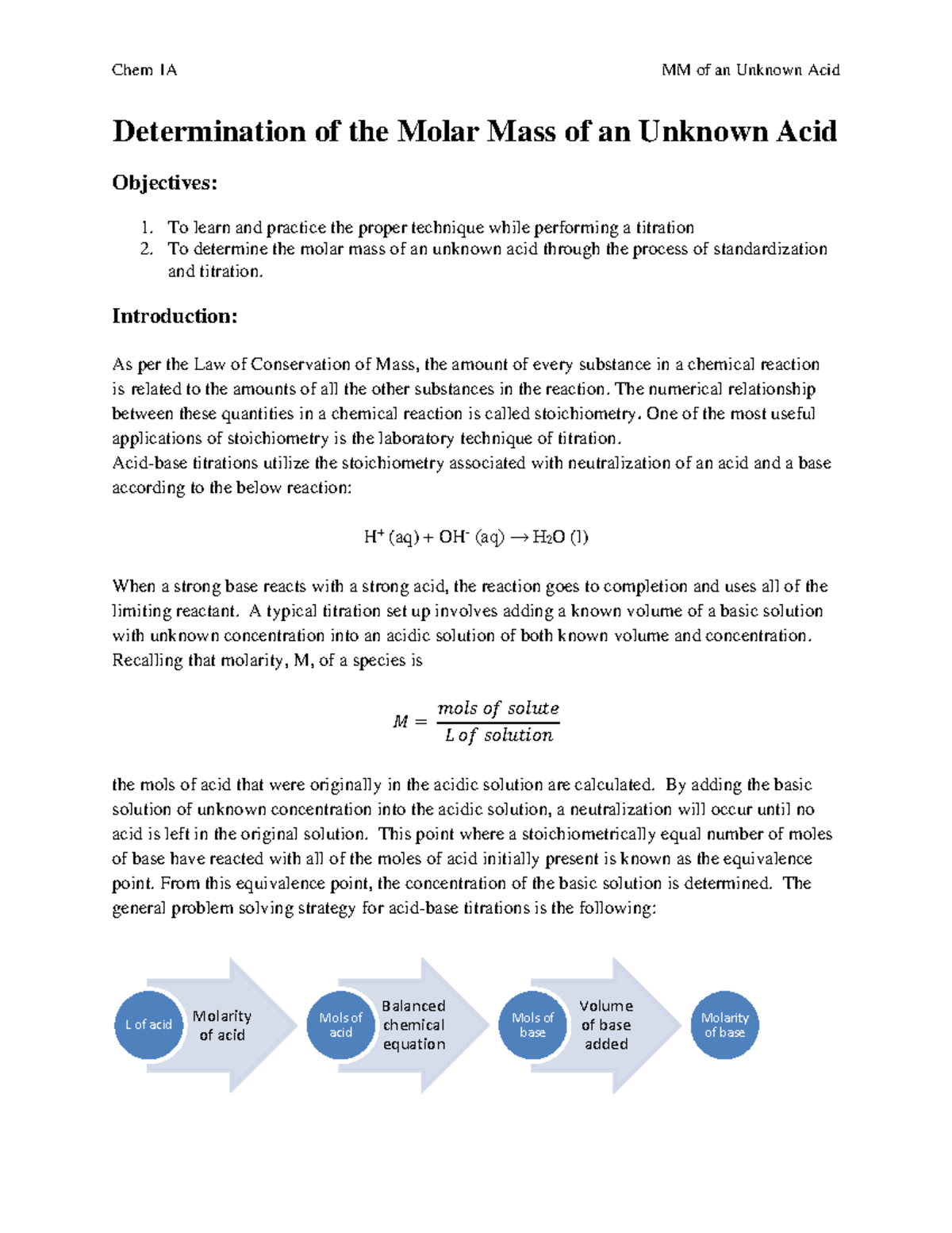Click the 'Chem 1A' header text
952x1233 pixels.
144,70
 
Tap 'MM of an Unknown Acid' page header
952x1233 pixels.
750,70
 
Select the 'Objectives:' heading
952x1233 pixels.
164,183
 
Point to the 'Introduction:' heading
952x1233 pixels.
175,316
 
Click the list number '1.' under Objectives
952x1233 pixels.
147,228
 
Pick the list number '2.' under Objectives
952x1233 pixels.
147,249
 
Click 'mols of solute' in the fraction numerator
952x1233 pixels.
498,707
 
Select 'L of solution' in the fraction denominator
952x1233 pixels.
498,735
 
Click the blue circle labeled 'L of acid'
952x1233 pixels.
148,1025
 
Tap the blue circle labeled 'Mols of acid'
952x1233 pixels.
340,1025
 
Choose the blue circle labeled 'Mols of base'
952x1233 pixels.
532,1025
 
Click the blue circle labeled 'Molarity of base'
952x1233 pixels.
724,1025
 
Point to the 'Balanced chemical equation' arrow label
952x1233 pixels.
414,1025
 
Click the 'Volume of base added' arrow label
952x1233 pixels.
606,1025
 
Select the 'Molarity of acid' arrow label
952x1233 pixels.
222,1025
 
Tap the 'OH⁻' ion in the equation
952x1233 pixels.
453,537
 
